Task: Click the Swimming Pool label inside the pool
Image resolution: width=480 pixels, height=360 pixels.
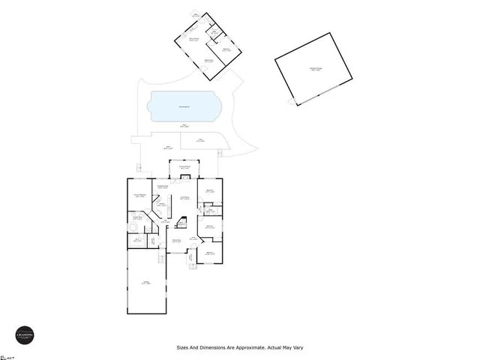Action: coord(184,107)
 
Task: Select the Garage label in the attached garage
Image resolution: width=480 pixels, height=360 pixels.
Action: coord(145,283)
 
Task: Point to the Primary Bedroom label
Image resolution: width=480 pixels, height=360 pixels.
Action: coord(139,196)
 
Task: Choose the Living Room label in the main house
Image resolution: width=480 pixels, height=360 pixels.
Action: coord(184,199)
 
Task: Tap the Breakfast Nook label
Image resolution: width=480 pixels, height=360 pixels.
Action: coord(162,187)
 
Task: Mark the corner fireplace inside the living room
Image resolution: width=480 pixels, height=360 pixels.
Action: coord(181,222)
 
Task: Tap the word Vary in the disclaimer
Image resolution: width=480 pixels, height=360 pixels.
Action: coord(297,348)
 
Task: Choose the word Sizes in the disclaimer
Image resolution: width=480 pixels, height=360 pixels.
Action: coord(184,348)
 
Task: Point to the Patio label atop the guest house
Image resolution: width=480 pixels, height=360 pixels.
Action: coord(196,15)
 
